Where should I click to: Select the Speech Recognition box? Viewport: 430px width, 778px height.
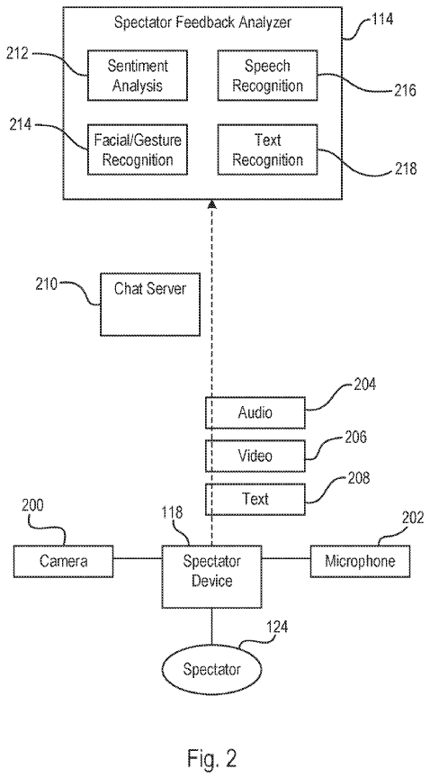coord(261,77)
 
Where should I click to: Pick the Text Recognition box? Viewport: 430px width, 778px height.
coord(261,150)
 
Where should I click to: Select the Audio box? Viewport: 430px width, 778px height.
coord(255,412)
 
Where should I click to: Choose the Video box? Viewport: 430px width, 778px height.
coord(255,456)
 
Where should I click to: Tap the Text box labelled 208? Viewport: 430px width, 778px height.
coord(255,498)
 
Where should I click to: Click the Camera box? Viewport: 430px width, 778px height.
coord(63,562)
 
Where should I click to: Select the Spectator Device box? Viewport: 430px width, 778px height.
coord(212,571)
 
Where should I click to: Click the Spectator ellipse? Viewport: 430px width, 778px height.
coord(212,669)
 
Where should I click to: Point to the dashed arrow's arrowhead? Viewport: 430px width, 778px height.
coord(212,207)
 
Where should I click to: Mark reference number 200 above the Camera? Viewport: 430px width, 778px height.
coord(31,507)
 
